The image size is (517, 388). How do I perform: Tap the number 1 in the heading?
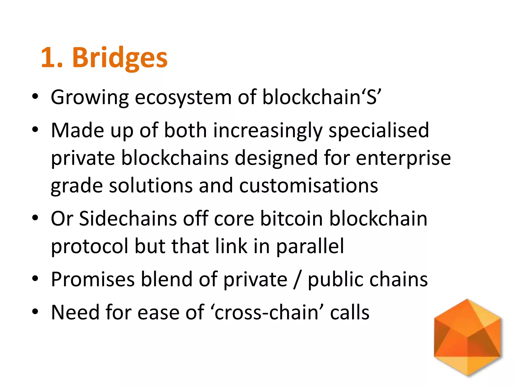click(48, 58)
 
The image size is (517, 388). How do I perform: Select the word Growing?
click(90, 97)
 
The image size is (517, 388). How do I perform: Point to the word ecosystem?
click(183, 97)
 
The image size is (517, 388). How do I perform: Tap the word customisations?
click(308, 186)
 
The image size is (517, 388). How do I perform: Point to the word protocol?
click(90, 246)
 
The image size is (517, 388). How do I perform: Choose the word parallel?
click(310, 246)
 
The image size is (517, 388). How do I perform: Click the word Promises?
click(93, 279)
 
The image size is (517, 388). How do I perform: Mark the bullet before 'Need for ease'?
click(35, 312)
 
